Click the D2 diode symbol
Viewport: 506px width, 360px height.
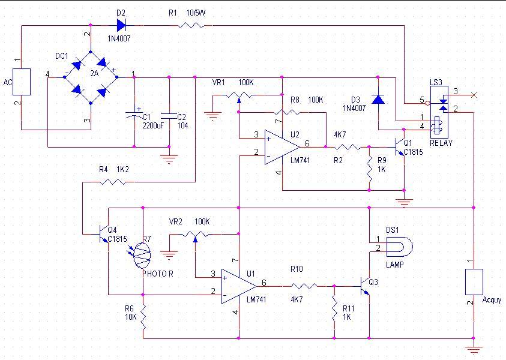[x=121, y=25]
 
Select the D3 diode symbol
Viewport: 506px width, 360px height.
[x=378, y=99]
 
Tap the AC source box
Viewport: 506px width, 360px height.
[x=22, y=82]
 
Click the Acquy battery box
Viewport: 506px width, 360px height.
[x=474, y=282]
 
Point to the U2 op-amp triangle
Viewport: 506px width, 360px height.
[x=282, y=147]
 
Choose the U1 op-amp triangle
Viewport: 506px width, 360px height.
[x=239, y=286]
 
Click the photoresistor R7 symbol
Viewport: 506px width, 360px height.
[x=142, y=255]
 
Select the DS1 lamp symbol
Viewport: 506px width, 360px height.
[x=399, y=247]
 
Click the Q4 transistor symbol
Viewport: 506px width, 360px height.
[x=104, y=234]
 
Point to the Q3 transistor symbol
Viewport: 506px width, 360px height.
[x=365, y=286]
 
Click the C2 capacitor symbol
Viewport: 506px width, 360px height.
[x=169, y=116]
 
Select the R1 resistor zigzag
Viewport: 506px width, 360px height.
[x=191, y=25]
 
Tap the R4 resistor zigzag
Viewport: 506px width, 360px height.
[x=113, y=182]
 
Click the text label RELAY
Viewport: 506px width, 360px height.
[x=441, y=143]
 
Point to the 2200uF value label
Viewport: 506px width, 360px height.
[x=153, y=125]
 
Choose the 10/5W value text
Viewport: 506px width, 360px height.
[x=196, y=13]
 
